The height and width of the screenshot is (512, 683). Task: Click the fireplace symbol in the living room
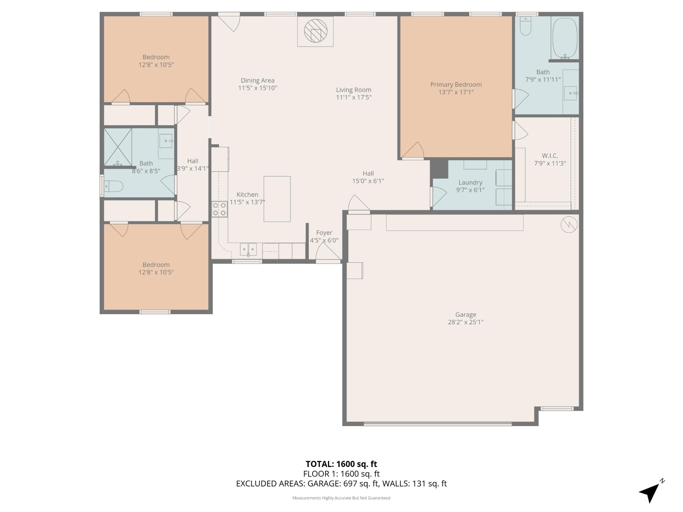(315, 31)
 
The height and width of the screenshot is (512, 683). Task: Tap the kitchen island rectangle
(277, 199)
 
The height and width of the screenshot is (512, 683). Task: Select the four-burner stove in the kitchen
(219, 209)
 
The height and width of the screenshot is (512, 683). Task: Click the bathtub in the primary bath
(565, 38)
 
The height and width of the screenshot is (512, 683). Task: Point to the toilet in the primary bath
(526, 27)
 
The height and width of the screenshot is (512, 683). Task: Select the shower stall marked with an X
(118, 147)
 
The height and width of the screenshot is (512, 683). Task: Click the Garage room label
(466, 315)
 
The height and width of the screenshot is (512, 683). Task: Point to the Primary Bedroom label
(456, 85)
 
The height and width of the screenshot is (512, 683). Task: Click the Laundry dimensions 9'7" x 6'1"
(470, 190)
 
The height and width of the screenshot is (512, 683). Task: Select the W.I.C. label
(550, 156)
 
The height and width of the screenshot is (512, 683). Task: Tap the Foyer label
(324, 233)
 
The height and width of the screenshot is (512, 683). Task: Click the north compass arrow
(650, 493)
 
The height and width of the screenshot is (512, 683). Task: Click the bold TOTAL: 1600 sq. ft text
(341, 464)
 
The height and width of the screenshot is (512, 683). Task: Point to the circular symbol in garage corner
(569, 225)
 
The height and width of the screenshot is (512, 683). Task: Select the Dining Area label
(257, 80)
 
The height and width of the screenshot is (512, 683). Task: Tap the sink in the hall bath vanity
(166, 141)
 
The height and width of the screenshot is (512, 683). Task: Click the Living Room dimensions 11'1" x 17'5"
(354, 97)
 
